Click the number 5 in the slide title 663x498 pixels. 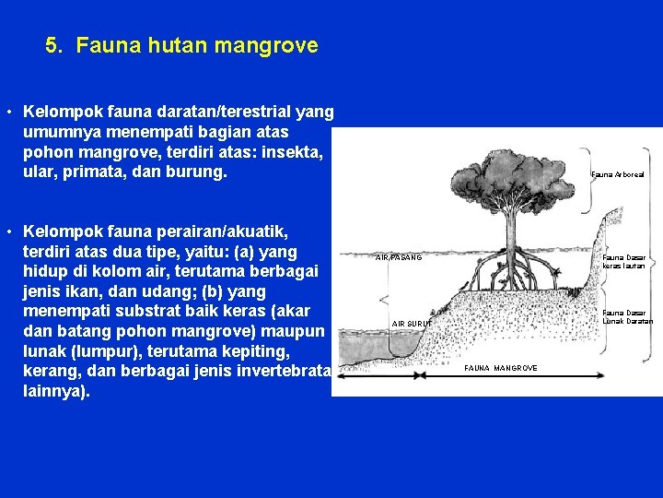(52, 45)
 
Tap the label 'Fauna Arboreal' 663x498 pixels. (618, 173)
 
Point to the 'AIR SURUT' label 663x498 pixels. (411, 324)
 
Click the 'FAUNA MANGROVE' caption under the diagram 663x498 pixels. (501, 368)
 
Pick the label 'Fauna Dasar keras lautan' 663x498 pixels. (624, 261)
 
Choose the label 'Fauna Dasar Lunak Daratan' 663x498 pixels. (627, 316)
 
